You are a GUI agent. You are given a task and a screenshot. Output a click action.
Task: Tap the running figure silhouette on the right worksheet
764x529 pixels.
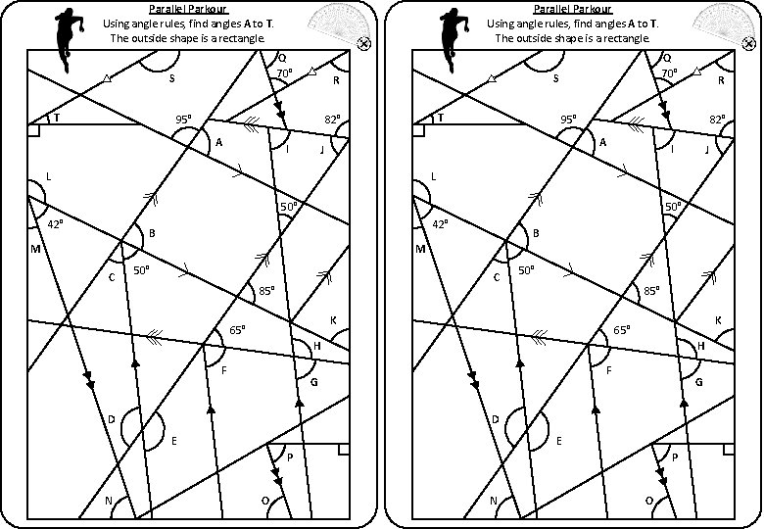tap(452, 32)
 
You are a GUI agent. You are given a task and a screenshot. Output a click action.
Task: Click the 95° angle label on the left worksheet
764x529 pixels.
tap(183, 120)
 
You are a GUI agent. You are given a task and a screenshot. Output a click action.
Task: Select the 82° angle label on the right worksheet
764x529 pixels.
tap(718, 120)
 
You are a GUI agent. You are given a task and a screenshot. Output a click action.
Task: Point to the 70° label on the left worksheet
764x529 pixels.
tap(283, 73)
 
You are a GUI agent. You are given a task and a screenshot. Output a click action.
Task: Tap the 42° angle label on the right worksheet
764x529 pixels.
tap(440, 224)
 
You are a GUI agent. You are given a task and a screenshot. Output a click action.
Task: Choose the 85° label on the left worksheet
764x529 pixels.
tap(266, 291)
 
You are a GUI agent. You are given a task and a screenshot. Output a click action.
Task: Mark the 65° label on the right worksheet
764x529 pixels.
tap(621, 330)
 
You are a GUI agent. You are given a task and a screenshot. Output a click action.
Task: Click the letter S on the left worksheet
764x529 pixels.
tap(171, 79)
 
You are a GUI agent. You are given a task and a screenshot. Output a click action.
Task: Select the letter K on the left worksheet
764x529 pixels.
tap(333, 320)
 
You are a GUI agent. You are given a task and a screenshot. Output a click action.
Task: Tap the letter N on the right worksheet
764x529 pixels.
tap(494, 501)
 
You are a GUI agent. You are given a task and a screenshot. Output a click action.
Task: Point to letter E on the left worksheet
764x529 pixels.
tap(174, 442)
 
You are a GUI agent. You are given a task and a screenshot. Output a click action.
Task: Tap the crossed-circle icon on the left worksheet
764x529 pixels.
tap(364, 43)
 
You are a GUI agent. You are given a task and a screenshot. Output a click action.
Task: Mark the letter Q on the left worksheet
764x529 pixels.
tap(282, 56)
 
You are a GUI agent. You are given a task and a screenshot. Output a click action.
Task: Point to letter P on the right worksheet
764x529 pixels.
tap(674, 457)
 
